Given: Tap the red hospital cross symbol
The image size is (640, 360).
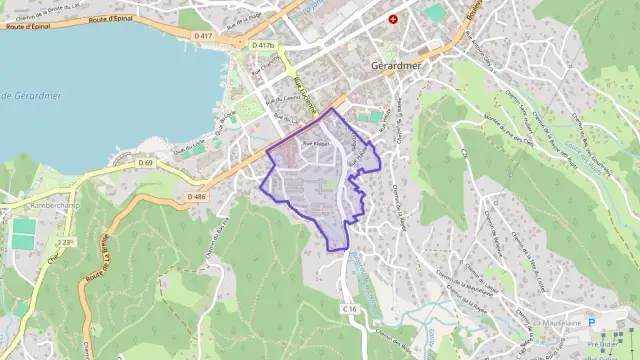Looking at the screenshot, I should point(393,19).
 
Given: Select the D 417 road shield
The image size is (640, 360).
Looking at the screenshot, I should point(202,37).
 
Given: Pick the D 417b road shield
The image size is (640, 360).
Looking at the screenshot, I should point(263,46).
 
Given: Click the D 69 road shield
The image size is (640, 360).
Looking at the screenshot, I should point(146,163).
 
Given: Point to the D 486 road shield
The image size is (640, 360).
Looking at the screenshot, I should point(196,196).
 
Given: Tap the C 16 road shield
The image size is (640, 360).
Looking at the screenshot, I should point(349,309).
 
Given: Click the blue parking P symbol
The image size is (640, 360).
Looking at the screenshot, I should point(591,323).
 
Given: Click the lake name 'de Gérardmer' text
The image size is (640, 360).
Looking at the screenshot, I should point(31,96).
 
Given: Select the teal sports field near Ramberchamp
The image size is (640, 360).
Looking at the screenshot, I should point(23,234).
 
